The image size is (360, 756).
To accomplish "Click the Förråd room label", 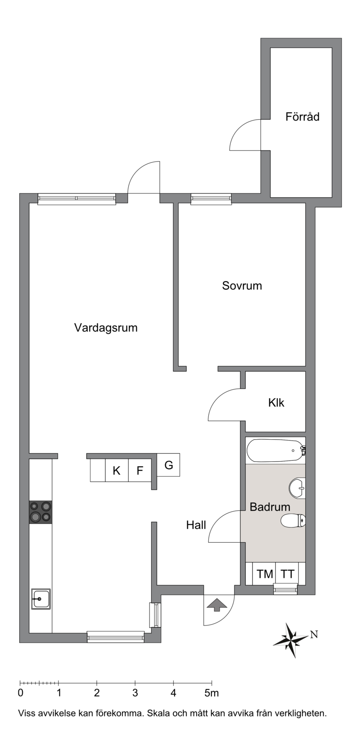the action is pyautogui.click(x=302, y=117).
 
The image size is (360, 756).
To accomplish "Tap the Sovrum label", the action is pyautogui.click(x=242, y=286).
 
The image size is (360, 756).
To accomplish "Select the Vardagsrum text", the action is pyautogui.click(x=106, y=328).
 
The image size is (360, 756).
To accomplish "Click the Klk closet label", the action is pyautogui.click(x=276, y=403).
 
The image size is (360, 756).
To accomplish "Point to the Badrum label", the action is pyautogui.click(x=270, y=507).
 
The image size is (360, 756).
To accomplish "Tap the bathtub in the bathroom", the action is pyautogui.click(x=276, y=450).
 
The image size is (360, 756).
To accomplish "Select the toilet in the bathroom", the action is pyautogui.click(x=293, y=520).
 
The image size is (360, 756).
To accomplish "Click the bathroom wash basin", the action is pyautogui.click(x=297, y=488).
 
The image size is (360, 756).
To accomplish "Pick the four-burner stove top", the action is pyautogui.click(x=40, y=512).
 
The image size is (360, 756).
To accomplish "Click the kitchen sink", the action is pyautogui.click(x=41, y=598).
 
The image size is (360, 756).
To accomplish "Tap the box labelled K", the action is pyautogui.click(x=117, y=470).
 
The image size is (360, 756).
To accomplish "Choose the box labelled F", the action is pyautogui.click(x=139, y=470).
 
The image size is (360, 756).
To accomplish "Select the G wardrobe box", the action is pyautogui.click(x=168, y=465).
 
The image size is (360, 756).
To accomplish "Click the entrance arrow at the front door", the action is pyautogui.click(x=216, y=604).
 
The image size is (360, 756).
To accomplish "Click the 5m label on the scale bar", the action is pyautogui.click(x=211, y=693).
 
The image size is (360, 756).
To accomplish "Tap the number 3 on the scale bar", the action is pyautogui.click(x=135, y=693).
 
